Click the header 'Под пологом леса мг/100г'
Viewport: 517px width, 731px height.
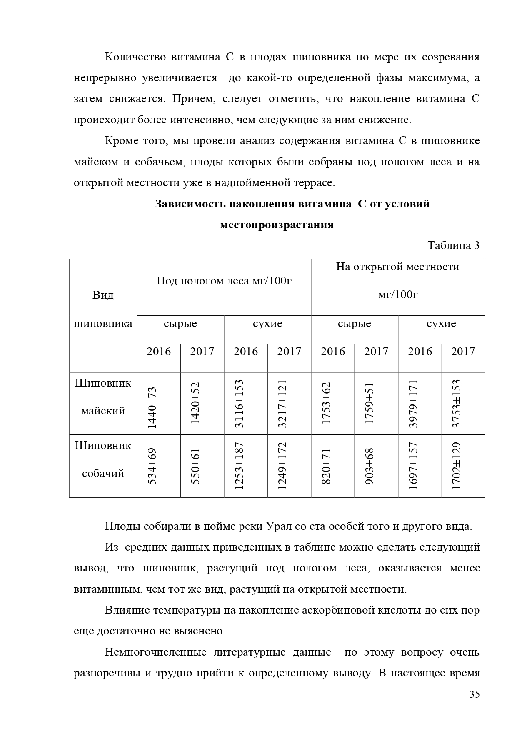[x=224, y=281]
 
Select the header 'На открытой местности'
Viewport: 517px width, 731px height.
[x=397, y=267]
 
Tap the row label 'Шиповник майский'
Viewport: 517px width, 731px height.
[x=103, y=397]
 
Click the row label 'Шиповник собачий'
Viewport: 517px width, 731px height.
[x=103, y=459]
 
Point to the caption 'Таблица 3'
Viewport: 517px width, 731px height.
[x=453, y=245]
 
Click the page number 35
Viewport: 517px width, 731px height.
[x=475, y=694]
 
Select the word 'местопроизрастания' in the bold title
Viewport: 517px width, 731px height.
[x=277, y=225]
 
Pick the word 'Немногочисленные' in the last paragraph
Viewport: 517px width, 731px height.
[x=155, y=652]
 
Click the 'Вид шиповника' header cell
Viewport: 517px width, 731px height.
[x=103, y=309]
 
